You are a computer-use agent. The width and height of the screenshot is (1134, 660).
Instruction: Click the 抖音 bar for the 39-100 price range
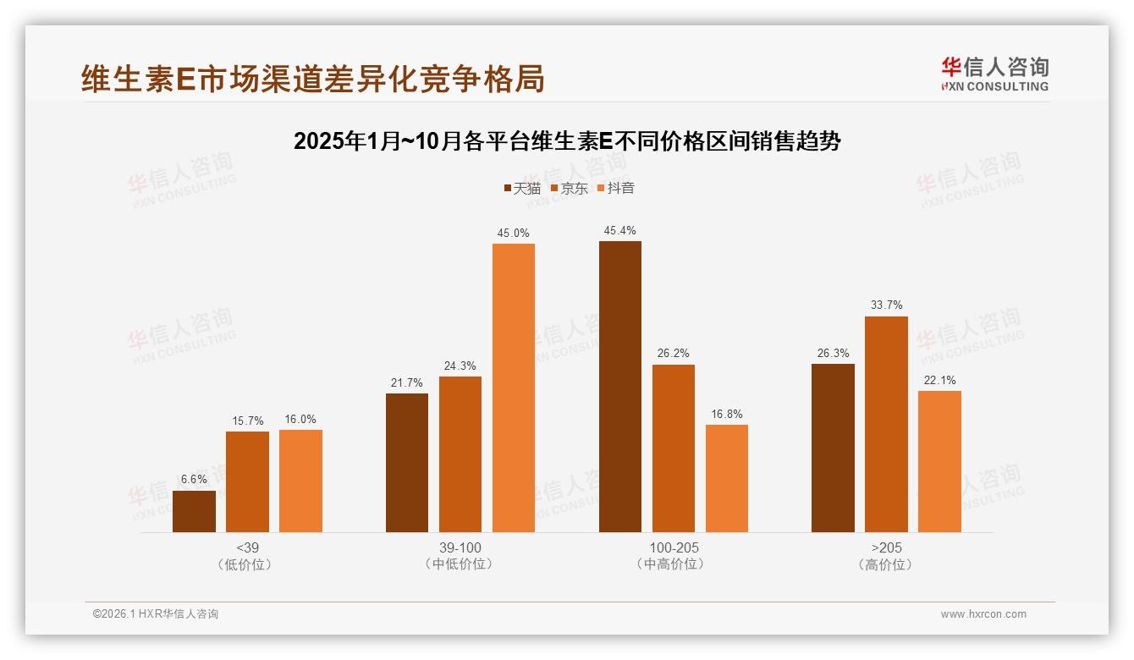click(514, 388)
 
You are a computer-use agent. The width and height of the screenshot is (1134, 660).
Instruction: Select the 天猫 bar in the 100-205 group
click(620, 387)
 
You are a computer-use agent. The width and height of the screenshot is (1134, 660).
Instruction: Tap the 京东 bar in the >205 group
click(886, 424)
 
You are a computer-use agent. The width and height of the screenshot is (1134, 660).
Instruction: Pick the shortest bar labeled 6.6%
click(194, 511)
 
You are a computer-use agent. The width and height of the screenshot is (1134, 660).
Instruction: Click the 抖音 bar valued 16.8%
click(727, 478)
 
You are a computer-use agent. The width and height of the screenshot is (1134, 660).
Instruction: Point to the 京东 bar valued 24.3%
click(460, 454)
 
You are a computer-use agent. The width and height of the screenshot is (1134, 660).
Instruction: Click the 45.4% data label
click(620, 230)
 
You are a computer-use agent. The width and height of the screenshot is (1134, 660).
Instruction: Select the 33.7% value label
click(886, 305)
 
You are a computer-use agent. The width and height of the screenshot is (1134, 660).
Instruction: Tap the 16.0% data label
click(300, 419)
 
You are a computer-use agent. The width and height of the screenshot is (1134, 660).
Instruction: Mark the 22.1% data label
click(939, 380)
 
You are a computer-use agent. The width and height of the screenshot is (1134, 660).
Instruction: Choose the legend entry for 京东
click(569, 188)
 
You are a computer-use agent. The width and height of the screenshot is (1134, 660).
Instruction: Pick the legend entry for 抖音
click(615, 188)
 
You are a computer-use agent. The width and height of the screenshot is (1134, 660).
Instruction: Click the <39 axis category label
click(247, 547)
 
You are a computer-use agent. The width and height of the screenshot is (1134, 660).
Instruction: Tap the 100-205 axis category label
click(674, 547)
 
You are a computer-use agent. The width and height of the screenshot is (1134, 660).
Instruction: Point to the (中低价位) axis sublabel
click(460, 564)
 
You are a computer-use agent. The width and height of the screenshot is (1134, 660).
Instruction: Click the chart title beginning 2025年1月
click(567, 141)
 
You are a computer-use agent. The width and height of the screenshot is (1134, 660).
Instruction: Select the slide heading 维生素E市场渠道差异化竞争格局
click(313, 79)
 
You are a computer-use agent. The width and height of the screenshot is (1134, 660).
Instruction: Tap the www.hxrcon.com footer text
click(983, 614)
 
